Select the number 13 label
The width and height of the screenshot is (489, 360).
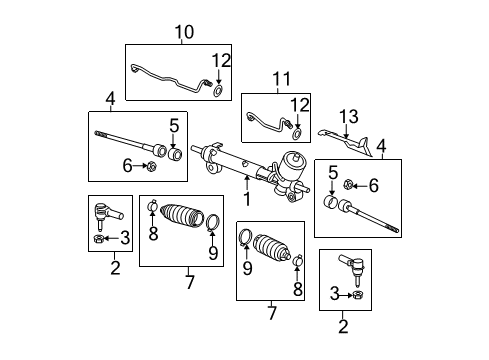pos(346,116)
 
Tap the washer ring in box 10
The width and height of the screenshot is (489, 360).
pos(218,91)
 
